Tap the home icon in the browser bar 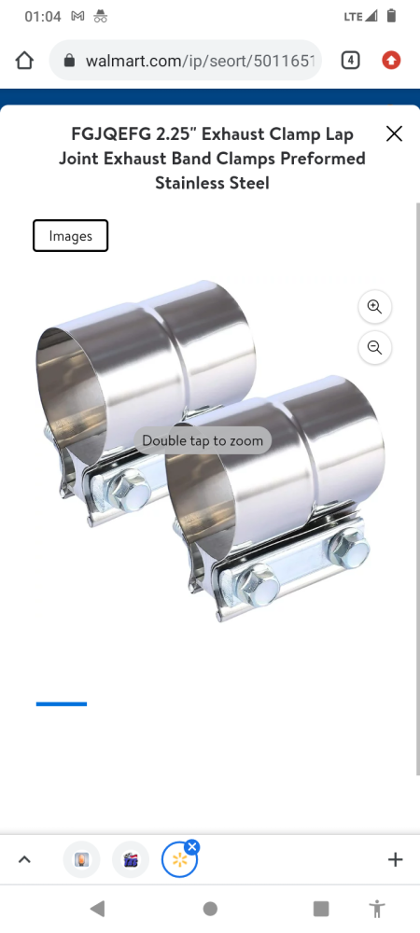[24, 60]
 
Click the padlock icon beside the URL [70, 61]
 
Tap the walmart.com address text [200, 61]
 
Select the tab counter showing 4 [350, 60]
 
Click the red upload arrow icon [391, 60]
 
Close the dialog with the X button [395, 133]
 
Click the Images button [70, 236]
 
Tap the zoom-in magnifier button [375, 306]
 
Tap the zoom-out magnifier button [375, 347]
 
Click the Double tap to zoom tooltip [203, 441]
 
